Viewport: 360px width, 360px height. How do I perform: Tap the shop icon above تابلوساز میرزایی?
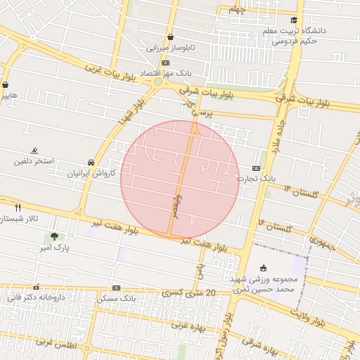(170, 37)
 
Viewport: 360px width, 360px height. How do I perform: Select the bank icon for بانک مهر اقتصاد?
(165, 63)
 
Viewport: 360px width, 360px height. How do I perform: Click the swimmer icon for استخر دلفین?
(34, 150)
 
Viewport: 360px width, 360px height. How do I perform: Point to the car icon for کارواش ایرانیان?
(91, 162)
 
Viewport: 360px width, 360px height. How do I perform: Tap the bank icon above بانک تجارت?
(256, 168)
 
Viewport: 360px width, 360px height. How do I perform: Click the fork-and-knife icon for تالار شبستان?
(18, 207)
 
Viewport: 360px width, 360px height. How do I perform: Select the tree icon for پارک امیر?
(54, 238)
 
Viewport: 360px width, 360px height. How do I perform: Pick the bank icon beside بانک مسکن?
(116, 288)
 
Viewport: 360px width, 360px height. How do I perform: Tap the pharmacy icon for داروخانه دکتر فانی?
(36, 287)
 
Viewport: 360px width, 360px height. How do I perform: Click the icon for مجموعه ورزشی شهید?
(263, 268)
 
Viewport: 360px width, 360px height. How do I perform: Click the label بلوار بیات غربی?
(110, 73)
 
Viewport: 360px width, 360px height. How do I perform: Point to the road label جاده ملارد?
(272, 134)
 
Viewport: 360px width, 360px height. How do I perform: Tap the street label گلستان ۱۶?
(274, 226)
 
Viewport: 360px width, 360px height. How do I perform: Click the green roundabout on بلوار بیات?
(158, 82)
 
